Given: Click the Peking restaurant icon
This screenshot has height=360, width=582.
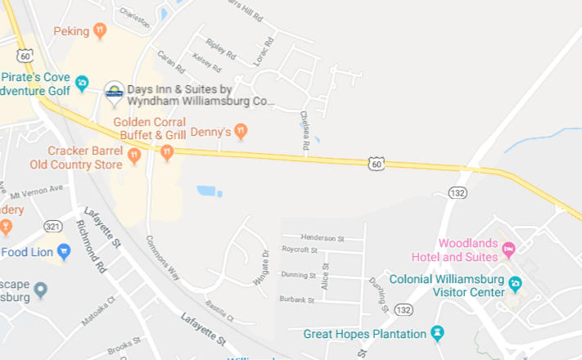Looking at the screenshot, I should point(100,31).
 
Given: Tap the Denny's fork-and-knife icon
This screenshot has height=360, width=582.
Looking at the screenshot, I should point(241,131).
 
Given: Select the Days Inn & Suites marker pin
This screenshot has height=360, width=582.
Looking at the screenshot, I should point(115,90).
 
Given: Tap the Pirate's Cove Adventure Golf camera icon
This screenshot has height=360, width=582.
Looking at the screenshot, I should point(81,83).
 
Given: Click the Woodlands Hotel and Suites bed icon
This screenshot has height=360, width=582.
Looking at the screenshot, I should point(508,248).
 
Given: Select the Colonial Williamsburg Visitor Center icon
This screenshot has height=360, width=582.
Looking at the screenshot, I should point(515,284).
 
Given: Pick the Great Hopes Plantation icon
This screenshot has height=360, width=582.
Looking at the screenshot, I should point(437,334).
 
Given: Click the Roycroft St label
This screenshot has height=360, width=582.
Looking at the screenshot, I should point(322,249).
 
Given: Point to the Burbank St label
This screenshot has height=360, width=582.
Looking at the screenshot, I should point(296,300).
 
